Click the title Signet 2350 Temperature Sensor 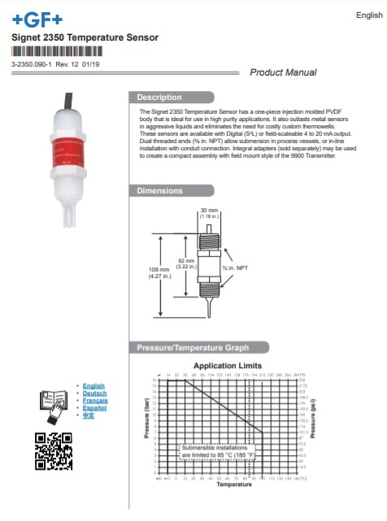pos(85,37)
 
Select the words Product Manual pos(283,72)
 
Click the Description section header pos(159,98)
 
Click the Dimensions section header pos(159,191)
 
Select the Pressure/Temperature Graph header pos(192,348)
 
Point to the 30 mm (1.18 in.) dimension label pos(210,213)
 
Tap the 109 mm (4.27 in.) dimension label pos(159,273)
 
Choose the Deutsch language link pos(95,393)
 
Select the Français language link pos(95,401)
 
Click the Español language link pos(95,408)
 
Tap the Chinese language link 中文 pos(89,415)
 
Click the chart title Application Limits pos(228,366)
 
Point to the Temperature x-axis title pos(233,485)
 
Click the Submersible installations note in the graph pos(217,452)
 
